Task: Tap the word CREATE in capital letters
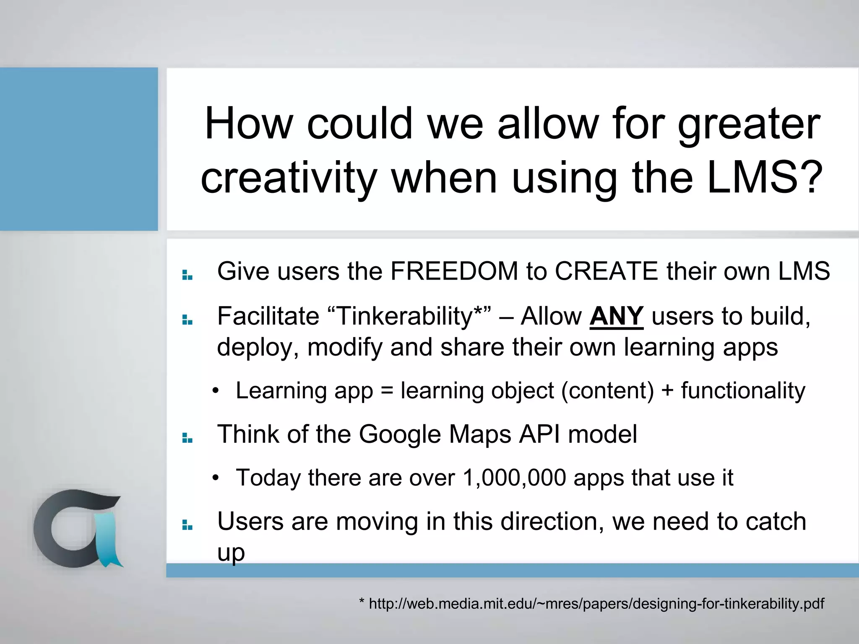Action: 607,271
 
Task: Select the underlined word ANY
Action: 616,316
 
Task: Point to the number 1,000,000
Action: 514,478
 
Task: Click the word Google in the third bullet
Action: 399,434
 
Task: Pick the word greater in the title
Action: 749,124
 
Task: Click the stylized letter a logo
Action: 78,529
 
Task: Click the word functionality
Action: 743,391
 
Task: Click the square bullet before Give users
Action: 187,275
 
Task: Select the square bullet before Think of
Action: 187,439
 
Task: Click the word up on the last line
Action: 231,553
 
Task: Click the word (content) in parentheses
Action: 607,391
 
